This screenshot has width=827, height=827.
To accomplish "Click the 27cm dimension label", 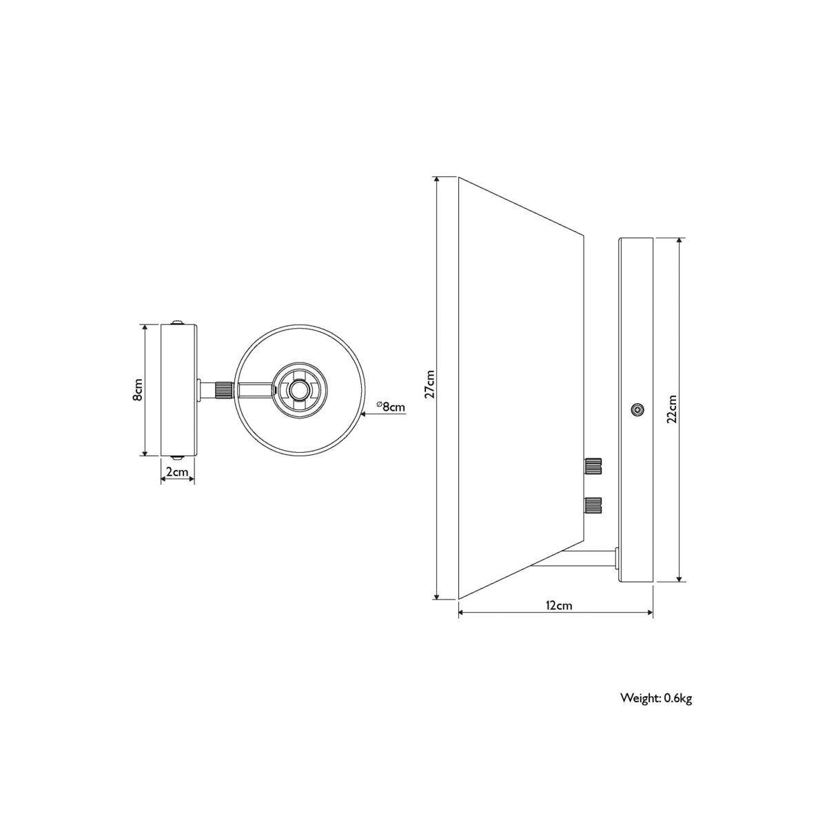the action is [x=429, y=384].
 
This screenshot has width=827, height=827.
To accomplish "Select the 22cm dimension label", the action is [x=672, y=409].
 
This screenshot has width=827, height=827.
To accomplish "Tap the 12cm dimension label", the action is [x=559, y=605].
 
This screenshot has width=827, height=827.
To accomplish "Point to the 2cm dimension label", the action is [x=177, y=471].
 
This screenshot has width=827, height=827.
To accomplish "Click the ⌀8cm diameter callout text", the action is [x=391, y=407].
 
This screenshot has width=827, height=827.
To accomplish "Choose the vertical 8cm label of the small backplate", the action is [x=137, y=390].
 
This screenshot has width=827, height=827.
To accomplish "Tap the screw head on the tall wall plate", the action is [x=637, y=409].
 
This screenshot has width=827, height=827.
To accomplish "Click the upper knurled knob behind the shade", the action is [x=593, y=465].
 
